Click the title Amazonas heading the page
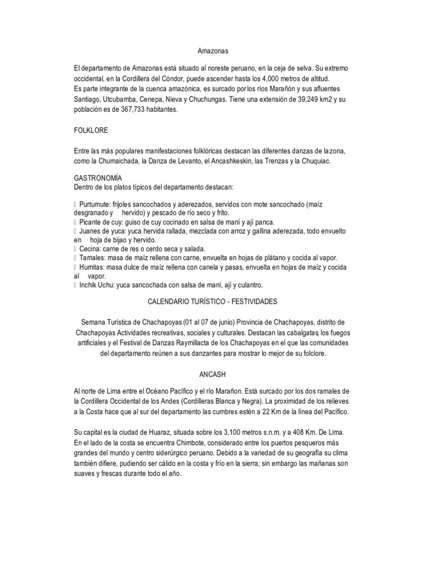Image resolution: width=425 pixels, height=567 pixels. click(x=212, y=51)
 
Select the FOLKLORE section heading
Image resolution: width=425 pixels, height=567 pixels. click(x=92, y=131)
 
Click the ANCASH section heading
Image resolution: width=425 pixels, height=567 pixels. click(x=212, y=374)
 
